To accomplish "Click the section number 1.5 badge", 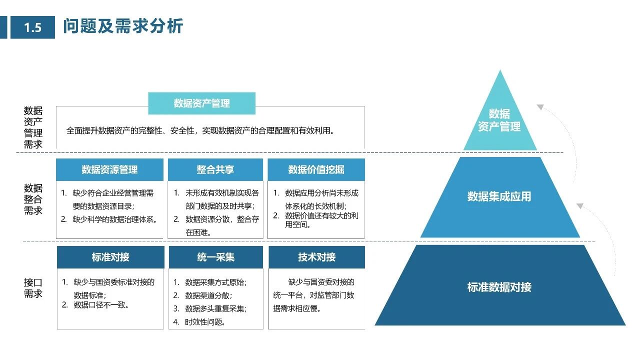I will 32,27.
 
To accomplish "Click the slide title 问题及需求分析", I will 123,26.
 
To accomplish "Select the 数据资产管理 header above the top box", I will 201,103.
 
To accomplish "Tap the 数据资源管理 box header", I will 109,170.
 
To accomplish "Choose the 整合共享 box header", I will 215,170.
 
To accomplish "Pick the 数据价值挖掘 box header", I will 316,170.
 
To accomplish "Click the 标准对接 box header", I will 110,257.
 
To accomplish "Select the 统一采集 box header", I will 215,257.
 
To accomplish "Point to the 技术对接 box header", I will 316,257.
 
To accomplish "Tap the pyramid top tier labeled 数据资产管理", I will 499,120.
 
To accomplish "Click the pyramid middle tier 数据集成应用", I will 499,196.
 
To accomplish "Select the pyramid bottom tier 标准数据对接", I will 499,287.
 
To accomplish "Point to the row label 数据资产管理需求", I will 33,127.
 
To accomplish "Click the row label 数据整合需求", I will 33,199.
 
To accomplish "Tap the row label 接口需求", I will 33,288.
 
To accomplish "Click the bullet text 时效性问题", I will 205,322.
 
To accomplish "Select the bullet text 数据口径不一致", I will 101,305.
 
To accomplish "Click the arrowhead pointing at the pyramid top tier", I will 540,106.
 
